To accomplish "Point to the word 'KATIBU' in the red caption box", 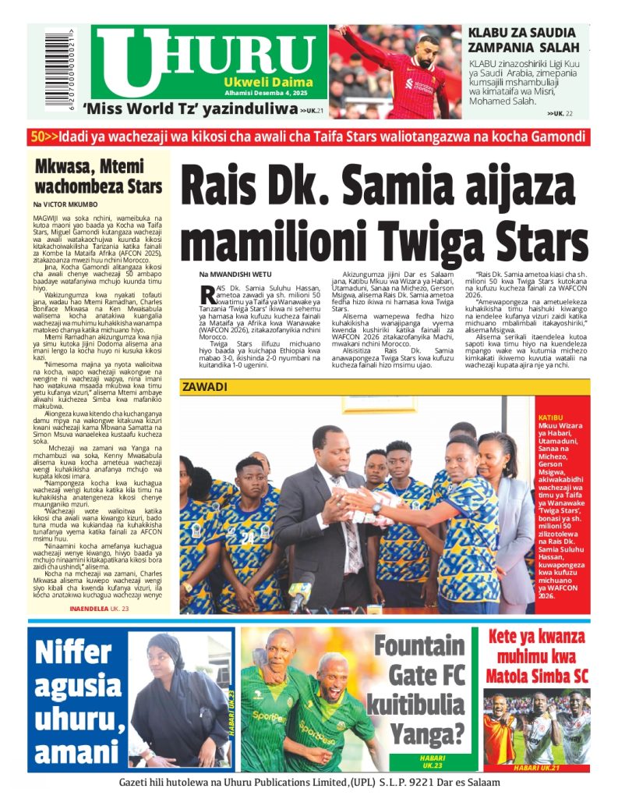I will (x=550, y=417).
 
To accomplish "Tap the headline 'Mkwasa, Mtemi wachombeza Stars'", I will (x=98, y=176).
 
